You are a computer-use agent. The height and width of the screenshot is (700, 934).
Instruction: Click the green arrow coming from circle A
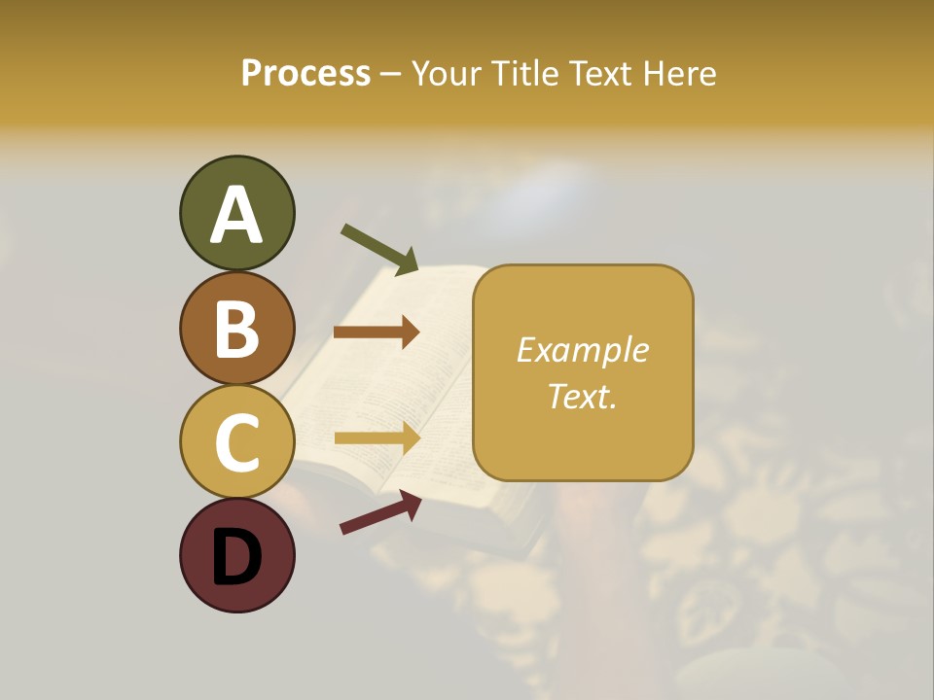379,249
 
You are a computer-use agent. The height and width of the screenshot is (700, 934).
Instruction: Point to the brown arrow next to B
377,332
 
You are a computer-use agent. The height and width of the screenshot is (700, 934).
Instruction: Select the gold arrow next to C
377,438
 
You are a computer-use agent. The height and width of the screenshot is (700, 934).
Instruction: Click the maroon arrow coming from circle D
380,512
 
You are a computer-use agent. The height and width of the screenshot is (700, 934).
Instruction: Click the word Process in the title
305,73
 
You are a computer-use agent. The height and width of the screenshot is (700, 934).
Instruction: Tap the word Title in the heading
526,73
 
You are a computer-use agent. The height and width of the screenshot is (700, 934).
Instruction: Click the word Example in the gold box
583,350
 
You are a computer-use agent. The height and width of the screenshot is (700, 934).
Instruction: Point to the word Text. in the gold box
583,396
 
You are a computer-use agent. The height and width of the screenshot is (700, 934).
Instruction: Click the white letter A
236,214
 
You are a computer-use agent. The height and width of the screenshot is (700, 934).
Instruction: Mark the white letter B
236,329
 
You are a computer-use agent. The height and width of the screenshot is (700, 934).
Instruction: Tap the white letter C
236,442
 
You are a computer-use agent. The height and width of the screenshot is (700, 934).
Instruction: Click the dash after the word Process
390,74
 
